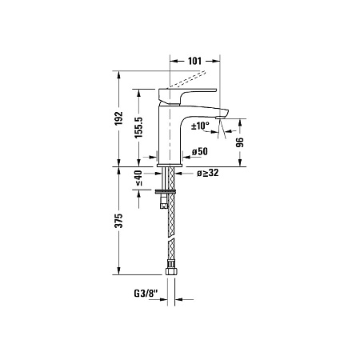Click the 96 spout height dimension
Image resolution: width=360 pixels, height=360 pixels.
point(238,142)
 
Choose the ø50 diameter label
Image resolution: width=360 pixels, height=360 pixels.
point(199,152)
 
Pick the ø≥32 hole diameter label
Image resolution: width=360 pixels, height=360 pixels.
point(210,172)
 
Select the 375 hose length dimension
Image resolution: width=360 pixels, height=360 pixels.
point(118,221)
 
